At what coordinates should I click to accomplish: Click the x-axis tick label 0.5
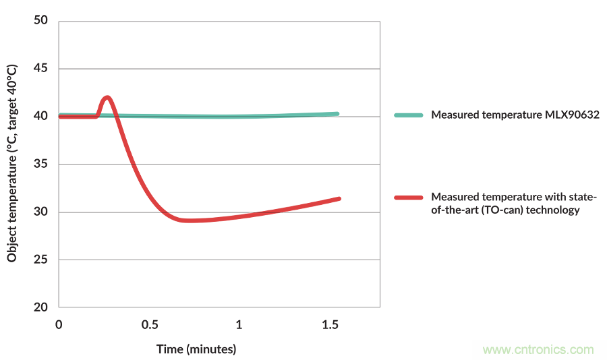coord(150,325)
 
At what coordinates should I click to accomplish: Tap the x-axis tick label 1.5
coord(330,325)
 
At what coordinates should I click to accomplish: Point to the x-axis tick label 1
coord(239,325)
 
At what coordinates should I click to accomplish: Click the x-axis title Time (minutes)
coord(196,349)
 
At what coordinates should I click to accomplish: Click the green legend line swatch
coord(409,115)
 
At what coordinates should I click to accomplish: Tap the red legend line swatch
coord(409,198)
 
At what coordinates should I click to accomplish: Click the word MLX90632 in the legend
coord(571,115)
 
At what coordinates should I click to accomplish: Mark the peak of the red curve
coord(107,98)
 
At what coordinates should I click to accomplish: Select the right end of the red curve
coord(339,199)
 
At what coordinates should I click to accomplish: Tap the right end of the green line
coord(337,114)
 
